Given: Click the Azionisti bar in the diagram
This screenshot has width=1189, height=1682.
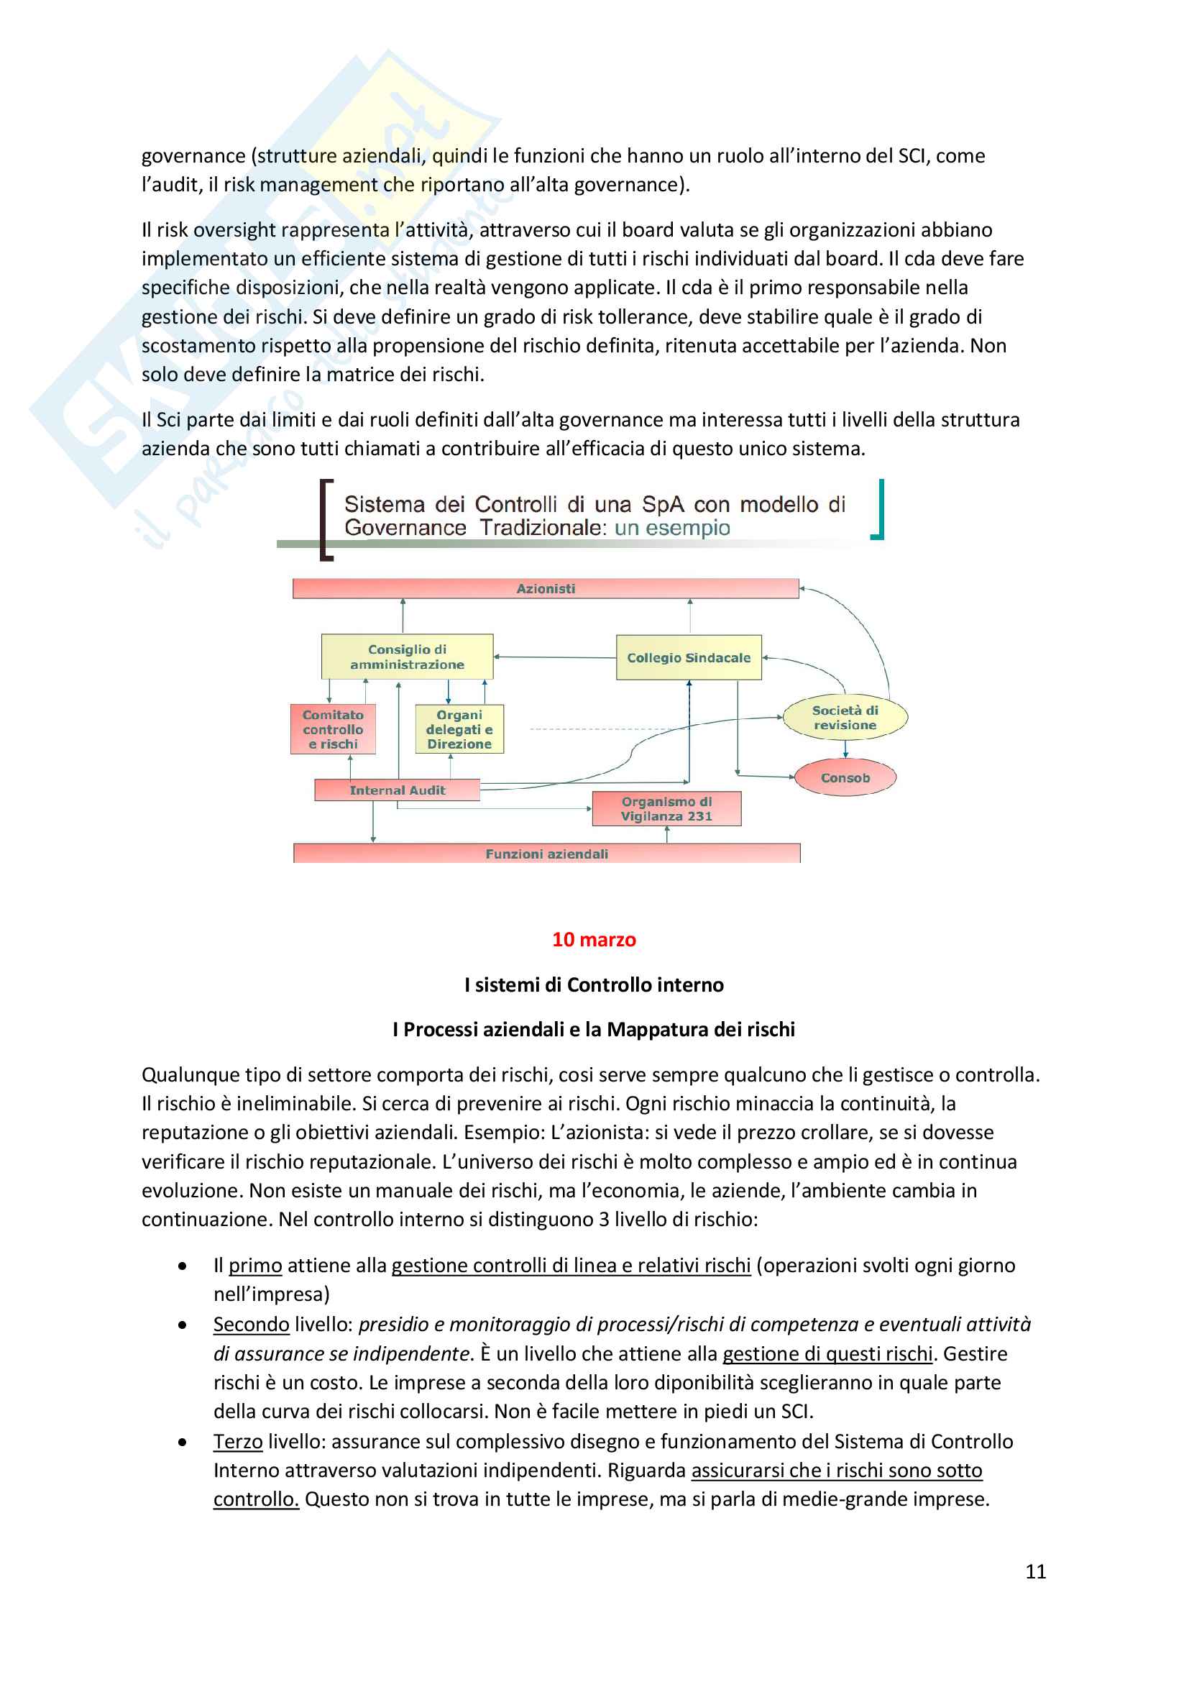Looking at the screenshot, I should tap(546, 588).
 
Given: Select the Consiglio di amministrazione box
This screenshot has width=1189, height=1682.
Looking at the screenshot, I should tap(407, 657).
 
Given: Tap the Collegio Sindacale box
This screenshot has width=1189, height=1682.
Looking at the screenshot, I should tap(688, 658).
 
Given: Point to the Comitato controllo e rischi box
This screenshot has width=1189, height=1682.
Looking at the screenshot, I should tap(333, 730).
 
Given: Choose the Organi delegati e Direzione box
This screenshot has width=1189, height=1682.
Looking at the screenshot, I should tap(459, 730).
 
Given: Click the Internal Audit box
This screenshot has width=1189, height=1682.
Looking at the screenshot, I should tap(397, 790).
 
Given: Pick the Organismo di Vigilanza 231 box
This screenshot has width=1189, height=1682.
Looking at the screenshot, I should tap(666, 809).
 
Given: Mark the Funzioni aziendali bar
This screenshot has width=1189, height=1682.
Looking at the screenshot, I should tap(546, 854).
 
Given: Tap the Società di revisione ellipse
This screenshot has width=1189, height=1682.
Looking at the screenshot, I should tap(845, 718).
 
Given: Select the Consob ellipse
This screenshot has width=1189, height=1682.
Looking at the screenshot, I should tap(845, 778).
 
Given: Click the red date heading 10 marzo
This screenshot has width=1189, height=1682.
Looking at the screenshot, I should tap(594, 940).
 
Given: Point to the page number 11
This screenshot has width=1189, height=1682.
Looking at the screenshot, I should tap(1035, 1571).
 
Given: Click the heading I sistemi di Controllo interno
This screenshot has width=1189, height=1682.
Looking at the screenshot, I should tap(594, 985).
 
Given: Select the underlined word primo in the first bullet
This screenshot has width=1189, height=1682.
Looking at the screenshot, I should tap(254, 1266).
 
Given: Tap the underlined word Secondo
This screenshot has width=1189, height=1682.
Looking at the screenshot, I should tap(251, 1325).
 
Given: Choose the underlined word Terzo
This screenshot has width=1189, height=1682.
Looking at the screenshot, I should tap(238, 1442).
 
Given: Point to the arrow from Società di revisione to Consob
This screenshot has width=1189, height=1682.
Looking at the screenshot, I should tap(845, 749).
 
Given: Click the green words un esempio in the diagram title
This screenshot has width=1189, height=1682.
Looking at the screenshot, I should tap(672, 529).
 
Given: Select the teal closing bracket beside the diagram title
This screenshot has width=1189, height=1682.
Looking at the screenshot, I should tap(878, 510).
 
